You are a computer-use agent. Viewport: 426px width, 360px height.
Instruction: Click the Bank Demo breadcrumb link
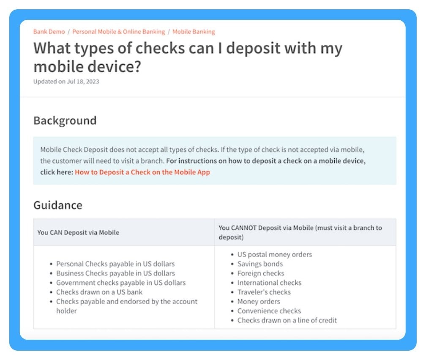[49, 32]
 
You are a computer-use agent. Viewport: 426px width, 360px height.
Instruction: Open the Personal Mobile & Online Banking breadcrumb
[119, 32]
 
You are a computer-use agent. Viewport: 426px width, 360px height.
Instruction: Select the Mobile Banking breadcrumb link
[194, 32]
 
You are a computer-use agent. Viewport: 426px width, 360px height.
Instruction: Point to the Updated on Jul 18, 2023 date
[66, 81]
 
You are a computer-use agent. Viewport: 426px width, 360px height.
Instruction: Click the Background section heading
[65, 121]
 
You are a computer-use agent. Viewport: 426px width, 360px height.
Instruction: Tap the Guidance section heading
[58, 205]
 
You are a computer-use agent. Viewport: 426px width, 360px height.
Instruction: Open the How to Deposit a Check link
[142, 172]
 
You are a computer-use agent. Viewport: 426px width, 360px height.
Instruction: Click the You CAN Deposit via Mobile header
[78, 232]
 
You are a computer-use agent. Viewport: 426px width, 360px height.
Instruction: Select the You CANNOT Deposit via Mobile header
[300, 232]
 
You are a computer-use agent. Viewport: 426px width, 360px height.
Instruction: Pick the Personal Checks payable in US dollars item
[115, 264]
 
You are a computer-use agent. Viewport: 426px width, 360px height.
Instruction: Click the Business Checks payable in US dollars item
[115, 273]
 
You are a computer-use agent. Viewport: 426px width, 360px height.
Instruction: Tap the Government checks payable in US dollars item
[121, 283]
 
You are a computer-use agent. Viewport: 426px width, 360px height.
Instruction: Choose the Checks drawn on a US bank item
[99, 292]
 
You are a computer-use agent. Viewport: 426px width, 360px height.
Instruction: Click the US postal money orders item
[275, 255]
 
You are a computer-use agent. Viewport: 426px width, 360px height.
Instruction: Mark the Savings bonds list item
[260, 264]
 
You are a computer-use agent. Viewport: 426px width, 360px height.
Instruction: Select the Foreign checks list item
[261, 273]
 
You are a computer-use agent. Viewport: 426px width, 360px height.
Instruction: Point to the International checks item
[269, 283]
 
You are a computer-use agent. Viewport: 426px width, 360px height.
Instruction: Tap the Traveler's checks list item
[264, 292]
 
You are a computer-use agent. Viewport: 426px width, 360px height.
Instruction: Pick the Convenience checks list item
[269, 311]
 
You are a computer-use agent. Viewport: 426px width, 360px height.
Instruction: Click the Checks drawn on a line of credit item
[287, 320]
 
